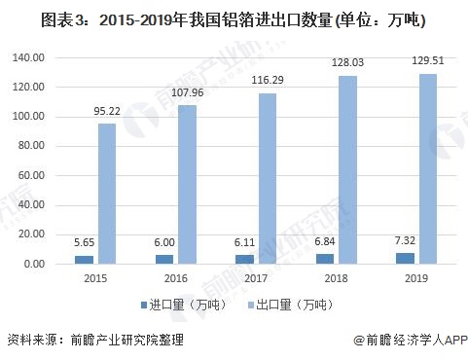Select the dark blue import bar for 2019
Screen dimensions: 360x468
click(405, 259)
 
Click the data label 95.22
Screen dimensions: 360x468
click(107, 112)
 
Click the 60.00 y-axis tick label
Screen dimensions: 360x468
click(31, 176)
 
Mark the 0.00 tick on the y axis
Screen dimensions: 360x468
click(34, 265)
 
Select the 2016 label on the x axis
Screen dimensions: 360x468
click(175, 280)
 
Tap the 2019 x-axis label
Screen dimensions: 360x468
click(416, 280)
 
